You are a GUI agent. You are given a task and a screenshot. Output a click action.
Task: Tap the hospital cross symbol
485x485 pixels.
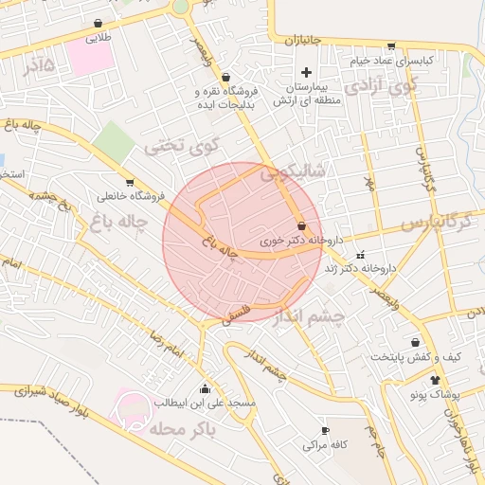[x=305, y=73]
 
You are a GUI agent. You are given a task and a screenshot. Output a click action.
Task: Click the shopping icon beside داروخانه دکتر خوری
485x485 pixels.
[x=301, y=226]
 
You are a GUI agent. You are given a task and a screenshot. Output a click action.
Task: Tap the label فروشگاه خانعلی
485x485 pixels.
[x=131, y=196]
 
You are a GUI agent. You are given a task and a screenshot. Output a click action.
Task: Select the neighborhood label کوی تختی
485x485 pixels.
[x=182, y=147]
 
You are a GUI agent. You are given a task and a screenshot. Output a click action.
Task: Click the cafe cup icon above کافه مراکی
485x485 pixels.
[x=326, y=430]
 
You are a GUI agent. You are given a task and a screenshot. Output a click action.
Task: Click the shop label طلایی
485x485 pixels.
[x=99, y=39]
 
